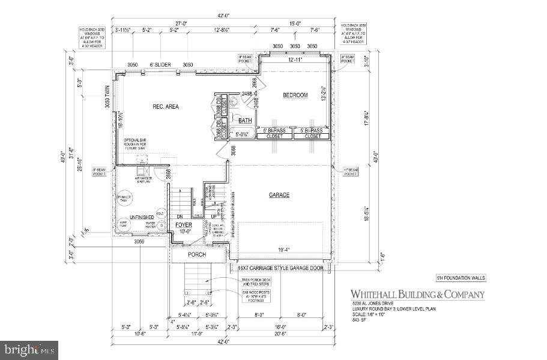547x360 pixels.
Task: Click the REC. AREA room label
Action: click(165, 107)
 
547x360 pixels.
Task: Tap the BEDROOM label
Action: click(295, 95)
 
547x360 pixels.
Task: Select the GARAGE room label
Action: click(279, 195)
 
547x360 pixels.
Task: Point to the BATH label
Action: click(245, 121)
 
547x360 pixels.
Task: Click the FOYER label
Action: click(183, 225)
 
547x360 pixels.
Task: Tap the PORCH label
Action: click(196, 254)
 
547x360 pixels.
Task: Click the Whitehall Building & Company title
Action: click(417, 294)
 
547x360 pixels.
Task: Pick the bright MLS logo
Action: click(29, 348)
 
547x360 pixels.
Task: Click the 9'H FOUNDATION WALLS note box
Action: click(460, 278)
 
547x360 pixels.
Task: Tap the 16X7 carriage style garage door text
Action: click(281, 268)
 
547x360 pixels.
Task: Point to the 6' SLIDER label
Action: click(160, 65)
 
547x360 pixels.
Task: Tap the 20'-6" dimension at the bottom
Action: click(281, 334)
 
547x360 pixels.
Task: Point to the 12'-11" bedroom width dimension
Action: click(294, 59)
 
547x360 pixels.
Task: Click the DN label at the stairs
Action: click(179, 217)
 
